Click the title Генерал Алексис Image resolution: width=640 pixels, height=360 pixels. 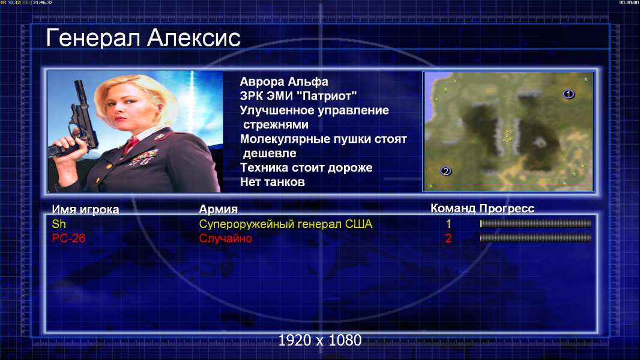143,38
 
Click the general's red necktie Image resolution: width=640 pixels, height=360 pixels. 131,145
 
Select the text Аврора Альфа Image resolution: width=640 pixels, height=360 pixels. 283,82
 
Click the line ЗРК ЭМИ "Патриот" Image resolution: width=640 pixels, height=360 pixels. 298,96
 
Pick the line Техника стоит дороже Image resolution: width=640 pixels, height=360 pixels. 306,167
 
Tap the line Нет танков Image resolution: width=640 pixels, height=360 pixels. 272,182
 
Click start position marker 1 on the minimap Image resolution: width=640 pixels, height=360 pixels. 569,94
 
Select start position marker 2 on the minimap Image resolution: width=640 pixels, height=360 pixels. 445,171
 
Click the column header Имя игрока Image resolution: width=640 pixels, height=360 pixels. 85,209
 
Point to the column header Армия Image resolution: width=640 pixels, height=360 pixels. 218,209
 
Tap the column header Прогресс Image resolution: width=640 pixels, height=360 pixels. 507,209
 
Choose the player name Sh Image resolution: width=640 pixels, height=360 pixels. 59,224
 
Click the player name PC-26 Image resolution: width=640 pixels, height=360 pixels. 68,238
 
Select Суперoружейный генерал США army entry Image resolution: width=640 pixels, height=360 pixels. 285,224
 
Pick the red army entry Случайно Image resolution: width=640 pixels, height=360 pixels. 225,238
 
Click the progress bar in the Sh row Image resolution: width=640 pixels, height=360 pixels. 536,223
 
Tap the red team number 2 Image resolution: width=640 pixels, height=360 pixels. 448,238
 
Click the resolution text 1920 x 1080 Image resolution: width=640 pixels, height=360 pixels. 319,340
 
